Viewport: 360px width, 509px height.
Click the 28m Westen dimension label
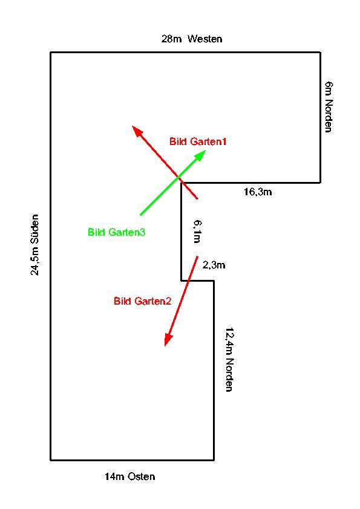pos(192,39)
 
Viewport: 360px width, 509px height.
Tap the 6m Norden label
pos(329,107)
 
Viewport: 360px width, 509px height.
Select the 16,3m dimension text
pos(258,192)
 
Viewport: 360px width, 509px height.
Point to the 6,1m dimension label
pos(197,232)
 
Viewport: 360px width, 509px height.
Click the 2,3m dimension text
pos(214,265)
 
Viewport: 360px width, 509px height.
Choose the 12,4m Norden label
pos(229,359)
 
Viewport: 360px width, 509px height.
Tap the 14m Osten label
pos(129,476)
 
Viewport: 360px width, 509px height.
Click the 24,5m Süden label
pos(34,245)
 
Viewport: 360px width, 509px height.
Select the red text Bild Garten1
pos(198,141)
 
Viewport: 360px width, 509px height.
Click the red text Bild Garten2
pos(142,301)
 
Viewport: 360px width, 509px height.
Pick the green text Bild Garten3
pos(116,232)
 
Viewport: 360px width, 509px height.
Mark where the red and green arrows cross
pos(178,177)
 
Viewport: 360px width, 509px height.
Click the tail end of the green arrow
pos(140,215)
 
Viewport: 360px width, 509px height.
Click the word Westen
pos(205,39)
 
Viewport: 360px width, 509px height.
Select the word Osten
pos(142,476)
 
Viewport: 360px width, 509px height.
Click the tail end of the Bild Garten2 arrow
pos(197,256)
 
